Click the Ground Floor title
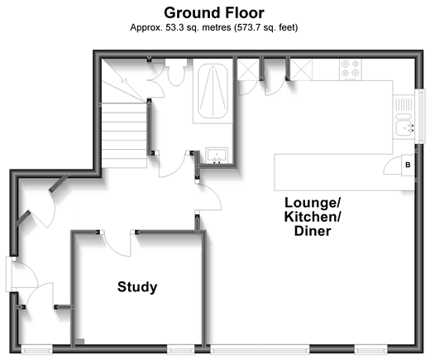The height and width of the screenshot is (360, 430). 214,12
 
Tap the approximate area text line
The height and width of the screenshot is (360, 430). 214,27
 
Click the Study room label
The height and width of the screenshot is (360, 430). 137,287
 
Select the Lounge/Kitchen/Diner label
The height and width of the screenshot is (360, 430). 313,217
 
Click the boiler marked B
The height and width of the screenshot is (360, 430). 408,165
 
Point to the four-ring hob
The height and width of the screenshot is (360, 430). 351,70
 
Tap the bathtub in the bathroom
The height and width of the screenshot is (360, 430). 213,91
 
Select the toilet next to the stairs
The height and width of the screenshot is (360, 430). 176,72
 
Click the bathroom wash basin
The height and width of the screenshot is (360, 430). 217,156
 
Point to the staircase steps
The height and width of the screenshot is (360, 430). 124,135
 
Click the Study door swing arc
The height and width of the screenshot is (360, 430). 117,246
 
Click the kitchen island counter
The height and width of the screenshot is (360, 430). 344,172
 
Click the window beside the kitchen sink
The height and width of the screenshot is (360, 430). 420,116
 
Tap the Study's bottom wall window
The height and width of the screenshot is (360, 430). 180,349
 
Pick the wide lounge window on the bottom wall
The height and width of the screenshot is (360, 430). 260,349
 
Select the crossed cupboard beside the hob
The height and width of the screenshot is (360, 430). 301,70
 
